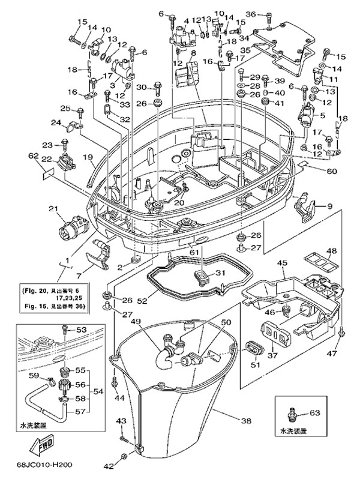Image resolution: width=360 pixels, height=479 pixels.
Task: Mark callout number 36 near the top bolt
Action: [250, 14]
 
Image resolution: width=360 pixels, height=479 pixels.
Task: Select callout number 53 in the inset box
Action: [82, 330]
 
